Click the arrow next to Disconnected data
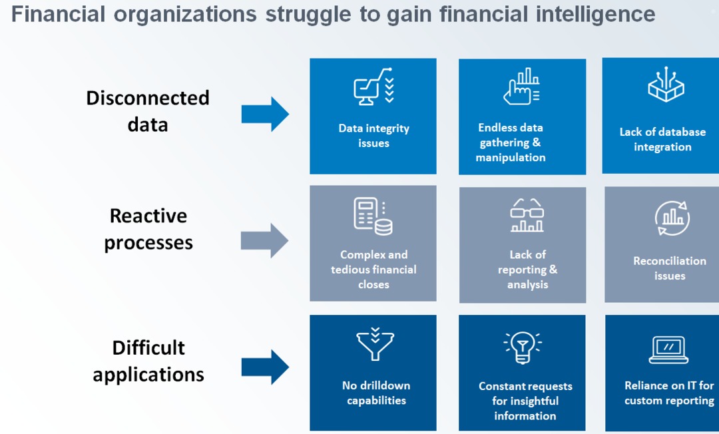tap(265, 114)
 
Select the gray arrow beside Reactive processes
tap(264, 240)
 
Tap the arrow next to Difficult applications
tap(265, 367)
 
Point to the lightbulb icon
tap(523, 347)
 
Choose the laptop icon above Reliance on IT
tap(668, 349)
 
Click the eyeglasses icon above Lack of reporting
tap(527, 215)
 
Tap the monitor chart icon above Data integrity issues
tap(373, 87)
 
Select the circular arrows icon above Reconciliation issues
tap(672, 218)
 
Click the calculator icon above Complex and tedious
tap(373, 216)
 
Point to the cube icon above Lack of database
tap(666, 85)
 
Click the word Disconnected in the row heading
tap(148, 98)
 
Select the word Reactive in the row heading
tap(148, 216)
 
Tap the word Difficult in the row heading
tap(148, 348)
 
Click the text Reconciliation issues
tap(670, 268)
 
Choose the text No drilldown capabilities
tap(376, 393)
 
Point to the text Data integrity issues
tap(373, 136)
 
